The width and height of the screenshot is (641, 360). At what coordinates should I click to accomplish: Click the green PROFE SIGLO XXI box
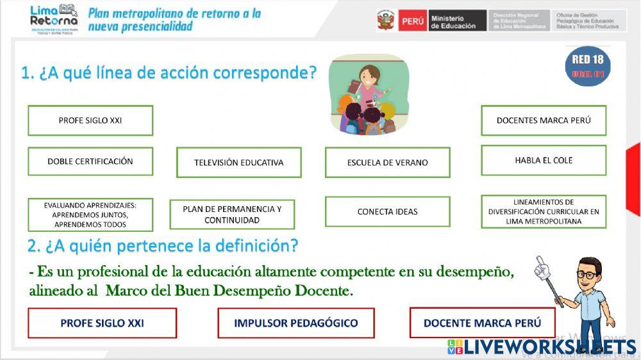click(90, 120)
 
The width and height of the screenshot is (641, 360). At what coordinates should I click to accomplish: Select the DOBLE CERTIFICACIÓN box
click(90, 161)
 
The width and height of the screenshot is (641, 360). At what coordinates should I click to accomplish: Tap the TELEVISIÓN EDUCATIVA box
click(238, 163)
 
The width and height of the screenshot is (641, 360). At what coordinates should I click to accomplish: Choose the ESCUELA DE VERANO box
click(387, 163)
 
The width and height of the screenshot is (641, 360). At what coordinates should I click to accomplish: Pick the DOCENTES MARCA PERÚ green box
click(544, 120)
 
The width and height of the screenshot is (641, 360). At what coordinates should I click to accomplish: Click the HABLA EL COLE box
click(544, 160)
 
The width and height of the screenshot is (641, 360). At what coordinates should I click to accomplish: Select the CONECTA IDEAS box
click(387, 211)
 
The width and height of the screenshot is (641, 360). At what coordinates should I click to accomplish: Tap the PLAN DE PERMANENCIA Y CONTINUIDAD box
click(232, 215)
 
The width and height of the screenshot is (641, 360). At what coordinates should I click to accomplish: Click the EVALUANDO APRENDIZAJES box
click(90, 215)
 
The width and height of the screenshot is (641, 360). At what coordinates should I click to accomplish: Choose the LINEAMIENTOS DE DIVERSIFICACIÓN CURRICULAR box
click(544, 211)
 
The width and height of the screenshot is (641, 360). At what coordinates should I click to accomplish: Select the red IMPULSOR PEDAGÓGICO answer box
click(296, 323)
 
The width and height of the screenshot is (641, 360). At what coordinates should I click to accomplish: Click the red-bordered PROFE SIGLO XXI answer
click(102, 323)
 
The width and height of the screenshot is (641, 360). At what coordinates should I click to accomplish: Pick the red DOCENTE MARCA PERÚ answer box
click(482, 323)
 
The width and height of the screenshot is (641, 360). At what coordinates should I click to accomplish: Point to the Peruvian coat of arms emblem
click(386, 20)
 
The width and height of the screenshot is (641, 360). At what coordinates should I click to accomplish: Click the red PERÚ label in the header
click(413, 20)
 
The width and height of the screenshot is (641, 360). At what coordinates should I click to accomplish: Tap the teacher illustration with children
click(368, 95)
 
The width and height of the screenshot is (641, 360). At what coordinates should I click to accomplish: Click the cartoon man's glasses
click(586, 274)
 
